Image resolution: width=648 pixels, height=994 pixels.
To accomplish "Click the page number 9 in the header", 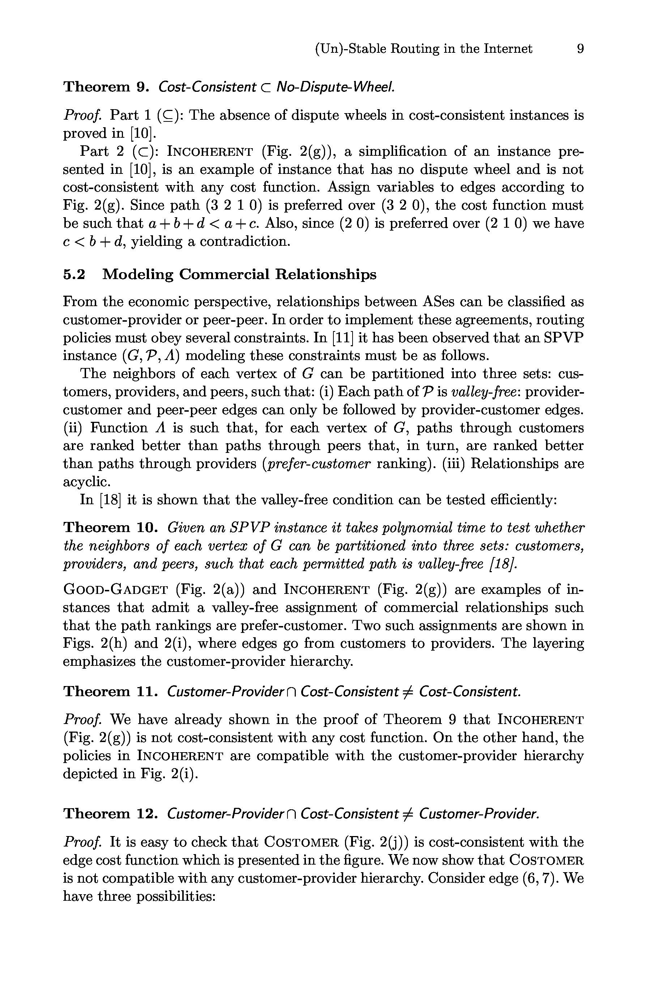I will [580, 49].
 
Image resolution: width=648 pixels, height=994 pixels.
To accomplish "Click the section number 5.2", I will [74, 274].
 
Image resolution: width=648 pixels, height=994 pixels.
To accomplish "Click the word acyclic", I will [86, 481].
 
